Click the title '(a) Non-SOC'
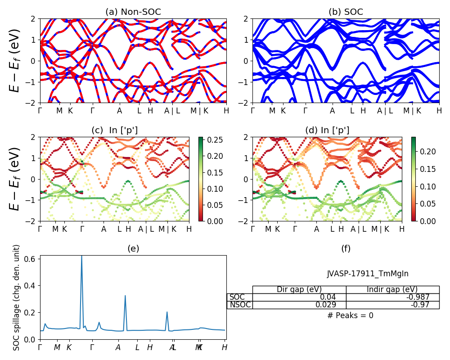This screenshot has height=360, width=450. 133,12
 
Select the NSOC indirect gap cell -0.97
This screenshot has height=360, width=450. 421,305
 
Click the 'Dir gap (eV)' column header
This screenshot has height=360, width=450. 299,289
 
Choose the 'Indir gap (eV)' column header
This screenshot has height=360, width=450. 392,289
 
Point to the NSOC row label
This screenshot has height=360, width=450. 240,305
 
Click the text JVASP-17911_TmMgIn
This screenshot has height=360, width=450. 368,274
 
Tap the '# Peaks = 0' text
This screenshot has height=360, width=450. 351,315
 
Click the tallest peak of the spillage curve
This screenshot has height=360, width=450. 81,256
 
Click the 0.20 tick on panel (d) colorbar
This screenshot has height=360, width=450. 427,152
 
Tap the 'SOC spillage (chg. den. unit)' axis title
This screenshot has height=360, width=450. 17,297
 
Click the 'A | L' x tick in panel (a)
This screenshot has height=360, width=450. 172,111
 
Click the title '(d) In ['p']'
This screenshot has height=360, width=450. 327,130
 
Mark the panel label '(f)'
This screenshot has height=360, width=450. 346,248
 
